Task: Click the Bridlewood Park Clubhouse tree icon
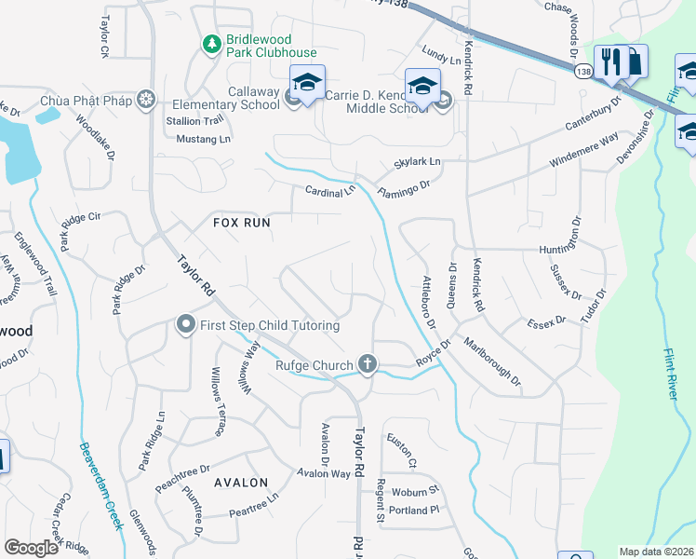[212, 43]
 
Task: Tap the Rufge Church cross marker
[368, 364]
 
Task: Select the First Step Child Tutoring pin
[185, 325]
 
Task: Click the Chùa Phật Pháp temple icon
[144, 100]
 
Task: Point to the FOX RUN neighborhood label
[241, 223]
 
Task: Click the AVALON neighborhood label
[240, 483]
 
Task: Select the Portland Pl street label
[414, 511]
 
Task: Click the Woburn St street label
[415, 491]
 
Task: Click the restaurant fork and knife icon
[611, 62]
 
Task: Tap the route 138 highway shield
[582, 71]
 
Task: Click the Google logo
[31, 548]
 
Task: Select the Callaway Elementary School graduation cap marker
[306, 81]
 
